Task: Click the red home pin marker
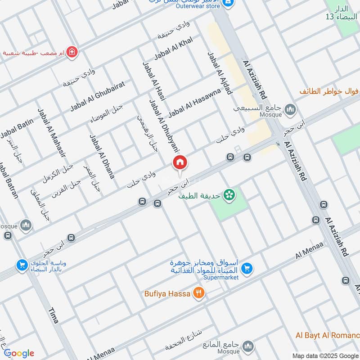tap(180, 162)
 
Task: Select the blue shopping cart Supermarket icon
tap(246, 269)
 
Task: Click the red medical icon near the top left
tap(71, 52)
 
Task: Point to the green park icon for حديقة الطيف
tap(230, 194)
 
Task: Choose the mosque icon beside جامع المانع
tap(247, 346)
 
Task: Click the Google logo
tap(19, 353)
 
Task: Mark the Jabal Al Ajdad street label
tap(219, 73)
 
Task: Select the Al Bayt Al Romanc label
tap(328, 335)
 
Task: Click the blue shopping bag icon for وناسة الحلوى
tap(21, 265)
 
